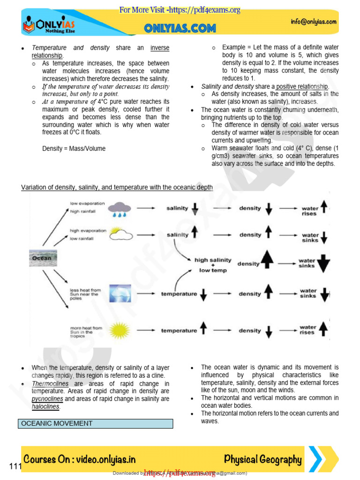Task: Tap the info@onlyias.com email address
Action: tap(314, 22)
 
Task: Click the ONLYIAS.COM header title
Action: tap(180, 29)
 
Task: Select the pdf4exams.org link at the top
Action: tap(180, 10)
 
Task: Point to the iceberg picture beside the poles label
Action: tap(120, 294)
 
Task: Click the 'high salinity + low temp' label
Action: tap(210, 265)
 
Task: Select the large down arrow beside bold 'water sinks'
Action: tap(323, 264)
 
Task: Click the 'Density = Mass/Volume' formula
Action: tap(74, 149)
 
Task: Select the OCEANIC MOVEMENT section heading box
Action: tap(96, 423)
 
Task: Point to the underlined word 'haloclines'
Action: tap(45, 406)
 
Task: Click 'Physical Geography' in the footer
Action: tap(262, 459)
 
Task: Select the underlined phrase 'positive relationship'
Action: tap(303, 87)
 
